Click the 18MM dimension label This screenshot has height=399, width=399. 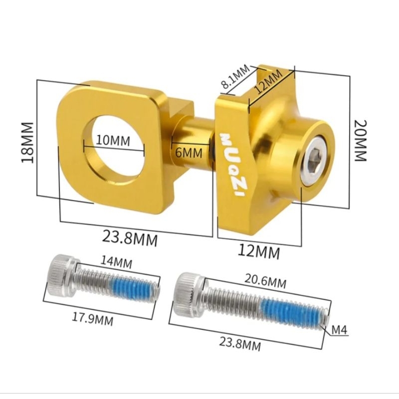click(x=27, y=143)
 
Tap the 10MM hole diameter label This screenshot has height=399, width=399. click(x=113, y=141)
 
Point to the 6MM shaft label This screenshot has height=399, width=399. click(x=189, y=153)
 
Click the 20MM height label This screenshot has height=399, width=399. click(x=361, y=141)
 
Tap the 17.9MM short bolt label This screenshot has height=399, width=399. click(x=93, y=319)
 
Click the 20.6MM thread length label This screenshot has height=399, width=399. click(x=265, y=281)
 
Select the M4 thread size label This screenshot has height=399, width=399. click(x=340, y=330)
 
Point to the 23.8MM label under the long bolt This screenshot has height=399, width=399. click(x=240, y=344)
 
